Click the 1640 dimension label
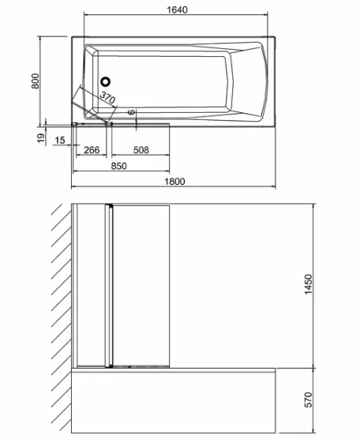(x=177, y=9)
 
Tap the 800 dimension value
(x=36, y=81)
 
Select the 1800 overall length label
(x=174, y=181)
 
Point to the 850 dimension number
(x=119, y=166)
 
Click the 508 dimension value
(x=141, y=150)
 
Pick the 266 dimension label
(x=92, y=150)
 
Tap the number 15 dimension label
(x=59, y=140)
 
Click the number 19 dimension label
(x=41, y=138)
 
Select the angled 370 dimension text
(x=107, y=97)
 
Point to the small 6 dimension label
(x=131, y=112)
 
